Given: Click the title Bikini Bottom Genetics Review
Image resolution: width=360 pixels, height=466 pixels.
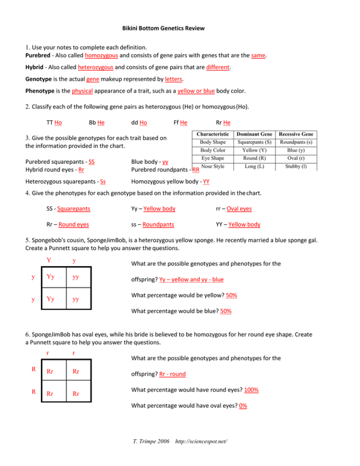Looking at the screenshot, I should pyautogui.click(x=163, y=28).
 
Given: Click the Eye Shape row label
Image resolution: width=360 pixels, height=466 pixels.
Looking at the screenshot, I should pyautogui.click(x=212, y=158).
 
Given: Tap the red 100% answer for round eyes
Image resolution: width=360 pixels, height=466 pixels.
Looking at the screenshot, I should pyautogui.click(x=251, y=390).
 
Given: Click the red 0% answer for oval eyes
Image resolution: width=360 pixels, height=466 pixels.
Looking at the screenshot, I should pyautogui.click(x=243, y=405).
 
